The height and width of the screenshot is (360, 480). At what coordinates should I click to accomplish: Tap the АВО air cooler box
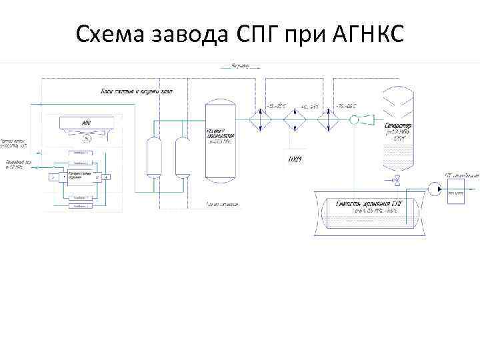pos(85,123)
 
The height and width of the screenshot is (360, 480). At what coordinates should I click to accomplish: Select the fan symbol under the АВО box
pos(85,139)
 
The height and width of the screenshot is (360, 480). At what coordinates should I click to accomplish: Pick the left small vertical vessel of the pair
pos(153,157)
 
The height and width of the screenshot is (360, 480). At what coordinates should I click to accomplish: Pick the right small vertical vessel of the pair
pos(181,157)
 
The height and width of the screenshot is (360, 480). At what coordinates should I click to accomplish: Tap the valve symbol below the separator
pos(396,179)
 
